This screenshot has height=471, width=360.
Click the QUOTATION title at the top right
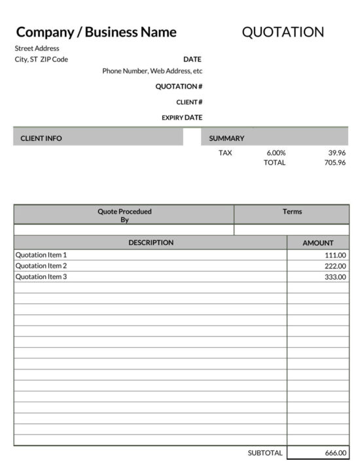click(283, 32)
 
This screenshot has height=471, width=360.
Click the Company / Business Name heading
click(96, 32)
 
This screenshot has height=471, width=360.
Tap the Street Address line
click(37, 48)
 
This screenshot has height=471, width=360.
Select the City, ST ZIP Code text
click(41, 60)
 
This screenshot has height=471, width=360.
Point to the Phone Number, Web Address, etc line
click(153, 71)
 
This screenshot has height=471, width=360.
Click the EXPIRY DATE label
click(182, 118)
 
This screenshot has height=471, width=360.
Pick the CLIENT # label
click(189, 102)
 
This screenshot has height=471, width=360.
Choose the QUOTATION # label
click(179, 86)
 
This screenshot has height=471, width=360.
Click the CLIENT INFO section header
click(41, 138)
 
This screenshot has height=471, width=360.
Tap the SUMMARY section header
click(226, 138)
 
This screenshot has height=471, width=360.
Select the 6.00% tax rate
click(276, 153)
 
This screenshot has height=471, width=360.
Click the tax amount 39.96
click(336, 153)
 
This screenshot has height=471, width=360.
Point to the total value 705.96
click(334, 162)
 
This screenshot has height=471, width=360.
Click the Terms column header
click(292, 212)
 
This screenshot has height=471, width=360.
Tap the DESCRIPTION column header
click(151, 242)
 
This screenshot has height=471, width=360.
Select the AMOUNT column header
click(317, 243)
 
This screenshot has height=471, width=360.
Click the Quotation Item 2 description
click(41, 266)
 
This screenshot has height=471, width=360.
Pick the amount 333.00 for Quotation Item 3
click(335, 277)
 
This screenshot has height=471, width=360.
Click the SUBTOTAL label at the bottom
click(265, 453)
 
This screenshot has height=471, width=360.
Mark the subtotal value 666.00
click(335, 453)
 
